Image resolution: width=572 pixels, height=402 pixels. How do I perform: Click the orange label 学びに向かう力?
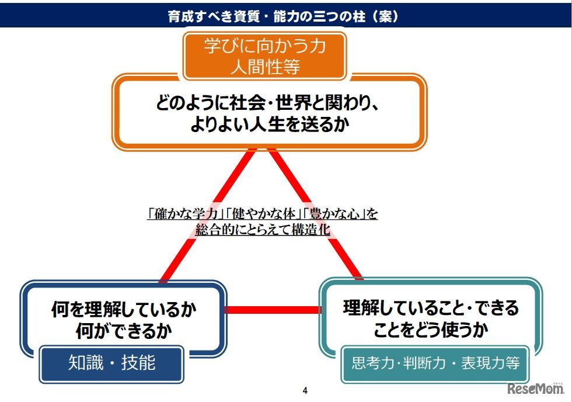coord(264,46)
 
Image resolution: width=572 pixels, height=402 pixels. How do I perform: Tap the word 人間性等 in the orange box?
coord(264,67)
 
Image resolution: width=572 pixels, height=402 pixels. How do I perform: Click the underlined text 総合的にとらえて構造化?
coord(263,230)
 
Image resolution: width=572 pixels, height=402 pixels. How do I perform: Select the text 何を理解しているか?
coord(124,309)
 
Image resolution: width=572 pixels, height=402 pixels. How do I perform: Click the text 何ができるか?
coord(124,331)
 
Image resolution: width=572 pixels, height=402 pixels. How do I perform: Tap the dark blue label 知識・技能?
coord(112,363)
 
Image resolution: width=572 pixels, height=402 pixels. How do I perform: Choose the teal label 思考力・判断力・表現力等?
coord(435,363)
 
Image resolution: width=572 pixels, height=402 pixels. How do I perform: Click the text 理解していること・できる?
coord(431,307)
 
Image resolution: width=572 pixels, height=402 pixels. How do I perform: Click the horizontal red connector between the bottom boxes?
coord(272,310)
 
